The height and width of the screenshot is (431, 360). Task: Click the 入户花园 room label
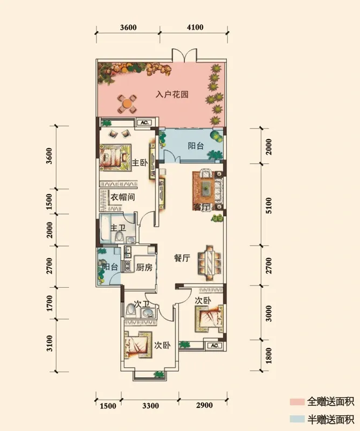(x=172, y=94)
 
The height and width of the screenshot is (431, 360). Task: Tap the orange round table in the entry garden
(x=127, y=103)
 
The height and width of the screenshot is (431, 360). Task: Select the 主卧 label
(x=140, y=163)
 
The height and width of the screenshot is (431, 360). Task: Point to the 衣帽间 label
(x=122, y=197)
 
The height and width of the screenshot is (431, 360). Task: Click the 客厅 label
(x=202, y=207)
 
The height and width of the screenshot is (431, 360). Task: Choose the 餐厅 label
(x=182, y=258)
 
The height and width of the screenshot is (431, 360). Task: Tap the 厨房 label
(x=144, y=267)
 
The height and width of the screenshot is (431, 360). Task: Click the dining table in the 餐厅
(x=210, y=263)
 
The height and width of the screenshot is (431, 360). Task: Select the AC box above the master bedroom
(x=144, y=123)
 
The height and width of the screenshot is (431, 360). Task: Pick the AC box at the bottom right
(x=215, y=345)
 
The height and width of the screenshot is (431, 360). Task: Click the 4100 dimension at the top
(x=195, y=27)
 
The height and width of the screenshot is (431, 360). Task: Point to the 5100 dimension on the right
(x=269, y=205)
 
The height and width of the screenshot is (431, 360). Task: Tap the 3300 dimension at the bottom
(x=151, y=406)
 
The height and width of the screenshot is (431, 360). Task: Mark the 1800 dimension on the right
(x=269, y=356)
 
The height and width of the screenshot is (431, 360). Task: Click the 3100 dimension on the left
(x=49, y=343)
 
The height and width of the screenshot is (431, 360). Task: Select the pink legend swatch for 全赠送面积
(x=297, y=402)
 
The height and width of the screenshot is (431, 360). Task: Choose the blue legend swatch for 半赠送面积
(x=297, y=419)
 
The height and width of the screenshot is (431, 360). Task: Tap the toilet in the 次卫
(x=130, y=311)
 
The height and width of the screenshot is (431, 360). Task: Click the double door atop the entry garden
(x=184, y=55)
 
